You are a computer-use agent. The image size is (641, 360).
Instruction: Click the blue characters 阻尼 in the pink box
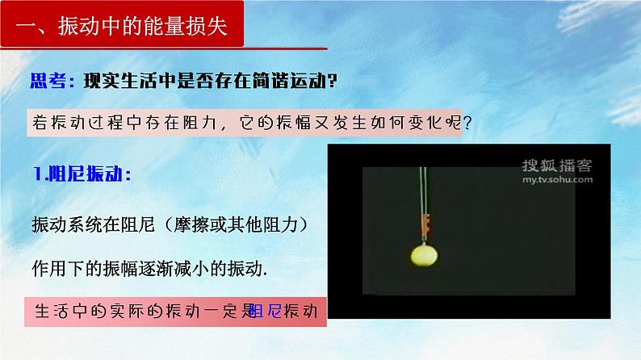click(266, 311)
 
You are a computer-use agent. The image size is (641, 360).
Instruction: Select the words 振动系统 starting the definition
click(61, 224)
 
